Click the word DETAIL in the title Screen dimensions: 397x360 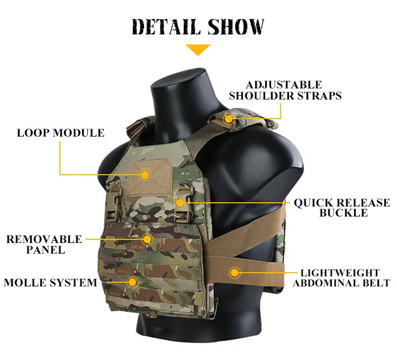pos(166,27)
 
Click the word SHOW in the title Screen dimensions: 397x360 pos(236,26)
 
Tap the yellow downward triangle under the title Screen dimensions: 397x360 pos(198,50)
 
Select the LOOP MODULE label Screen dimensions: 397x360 pos(60,133)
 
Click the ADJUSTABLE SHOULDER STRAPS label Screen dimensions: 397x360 pos(285,90)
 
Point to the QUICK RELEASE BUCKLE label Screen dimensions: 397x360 pos(342,208)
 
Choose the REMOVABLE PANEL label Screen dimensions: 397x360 pos(44,245)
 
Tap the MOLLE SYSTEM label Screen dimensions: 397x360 pos(50,283)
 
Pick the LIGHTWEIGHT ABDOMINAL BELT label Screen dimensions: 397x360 pos(341,278)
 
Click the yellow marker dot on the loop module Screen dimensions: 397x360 pos(145,175)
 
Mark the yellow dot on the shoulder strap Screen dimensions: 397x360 pos(229,119)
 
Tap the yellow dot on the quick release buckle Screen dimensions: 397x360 pos(180,203)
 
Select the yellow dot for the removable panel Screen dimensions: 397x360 pos(147,239)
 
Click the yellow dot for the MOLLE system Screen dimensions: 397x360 pos(132,282)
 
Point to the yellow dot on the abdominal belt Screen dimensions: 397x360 pos(234,273)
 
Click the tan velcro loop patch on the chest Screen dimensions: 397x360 pos(150,178)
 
